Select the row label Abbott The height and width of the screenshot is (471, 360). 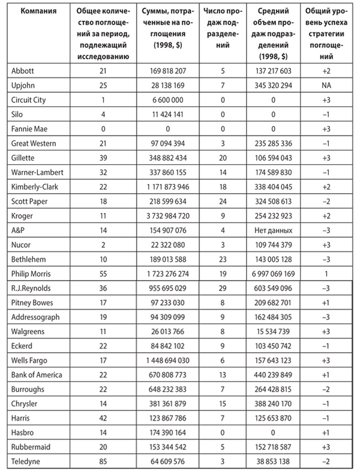[22, 70]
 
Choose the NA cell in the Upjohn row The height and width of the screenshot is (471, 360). [325, 85]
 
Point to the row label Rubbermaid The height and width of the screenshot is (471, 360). [29, 446]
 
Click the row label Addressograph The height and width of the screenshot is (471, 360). [33, 316]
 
